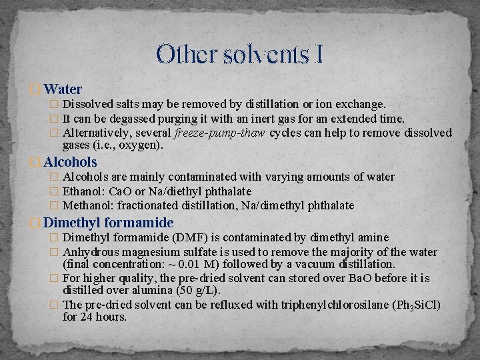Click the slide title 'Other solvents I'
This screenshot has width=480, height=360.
tap(240, 54)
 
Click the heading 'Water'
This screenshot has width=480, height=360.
tap(63, 89)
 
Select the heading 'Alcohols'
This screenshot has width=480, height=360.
tap(71, 162)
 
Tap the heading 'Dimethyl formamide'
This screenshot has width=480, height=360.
tap(109, 223)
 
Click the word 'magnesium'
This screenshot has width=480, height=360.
tap(148, 252)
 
